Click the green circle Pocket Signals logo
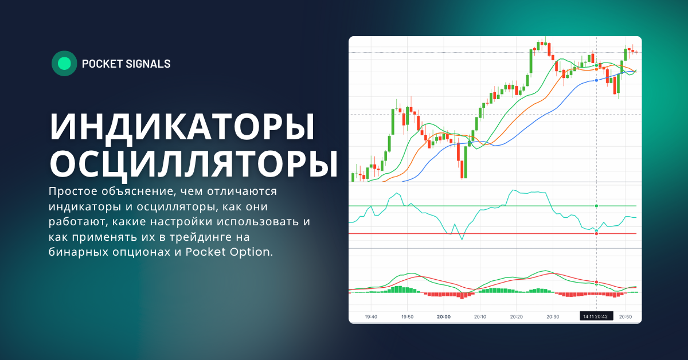coord(64,64)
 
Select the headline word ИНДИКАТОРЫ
coord(182,127)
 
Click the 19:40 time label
coord(370,316)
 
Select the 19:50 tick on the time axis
coord(407,316)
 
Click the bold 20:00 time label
coord(443,316)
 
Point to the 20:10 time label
coord(480,316)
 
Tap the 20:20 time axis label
coord(516,316)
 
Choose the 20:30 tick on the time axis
coord(553,316)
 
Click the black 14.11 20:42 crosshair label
coord(597,316)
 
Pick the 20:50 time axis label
coord(626,316)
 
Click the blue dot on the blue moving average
coord(597,80)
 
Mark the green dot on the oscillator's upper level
coord(597,205)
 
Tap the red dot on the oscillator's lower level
coord(597,234)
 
